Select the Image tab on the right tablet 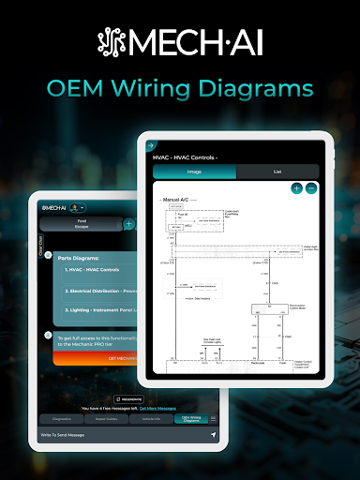click(x=195, y=172)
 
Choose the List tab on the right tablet click(x=277, y=172)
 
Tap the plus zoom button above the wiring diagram click(x=297, y=188)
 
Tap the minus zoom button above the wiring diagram click(x=311, y=188)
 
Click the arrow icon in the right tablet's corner click(x=150, y=145)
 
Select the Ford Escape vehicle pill click(x=82, y=224)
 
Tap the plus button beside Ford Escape click(x=128, y=224)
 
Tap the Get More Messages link click(x=158, y=409)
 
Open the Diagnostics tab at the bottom click(x=62, y=419)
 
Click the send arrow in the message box click(x=213, y=436)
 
